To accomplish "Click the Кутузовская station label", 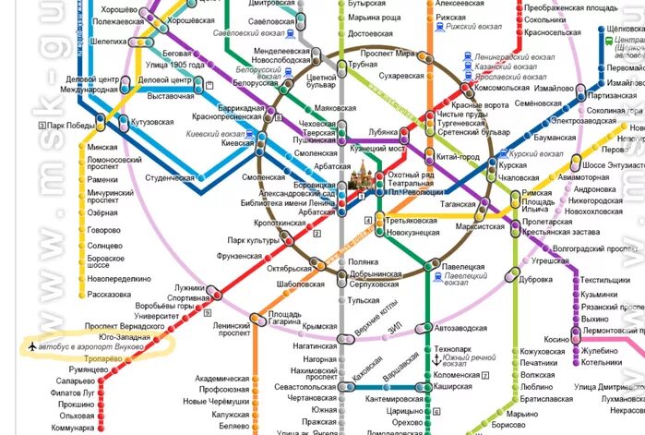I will (152, 121).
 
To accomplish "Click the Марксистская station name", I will (481, 225).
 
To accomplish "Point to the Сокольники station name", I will (544, 18).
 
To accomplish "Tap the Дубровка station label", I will (536, 279).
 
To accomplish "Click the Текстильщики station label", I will (604, 281).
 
